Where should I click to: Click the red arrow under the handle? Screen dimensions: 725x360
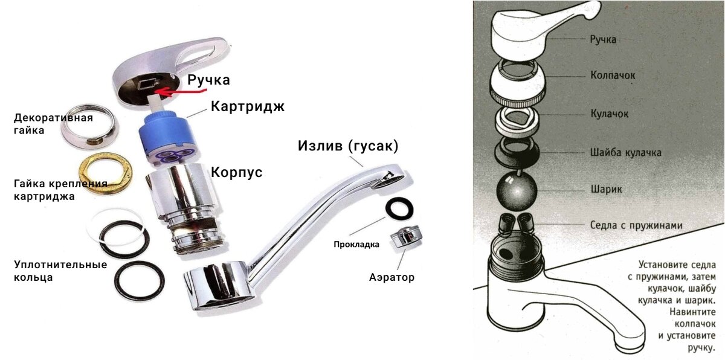[x=181, y=93]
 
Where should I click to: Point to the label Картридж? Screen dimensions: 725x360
[x=248, y=106]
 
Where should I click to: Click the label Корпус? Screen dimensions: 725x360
[x=236, y=172]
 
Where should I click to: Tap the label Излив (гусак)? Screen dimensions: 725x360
[x=348, y=146]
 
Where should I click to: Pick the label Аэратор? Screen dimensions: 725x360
[x=391, y=277]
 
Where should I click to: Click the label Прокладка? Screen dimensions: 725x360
[x=356, y=245]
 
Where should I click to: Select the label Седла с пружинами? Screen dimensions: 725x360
[x=636, y=225]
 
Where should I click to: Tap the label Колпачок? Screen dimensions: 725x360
[x=613, y=76]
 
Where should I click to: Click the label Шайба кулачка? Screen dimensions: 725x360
[x=626, y=152]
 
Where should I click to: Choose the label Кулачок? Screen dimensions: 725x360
[x=610, y=114]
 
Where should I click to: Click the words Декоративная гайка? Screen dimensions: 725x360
[x=53, y=124]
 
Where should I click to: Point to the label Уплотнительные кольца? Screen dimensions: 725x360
[x=60, y=271]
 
